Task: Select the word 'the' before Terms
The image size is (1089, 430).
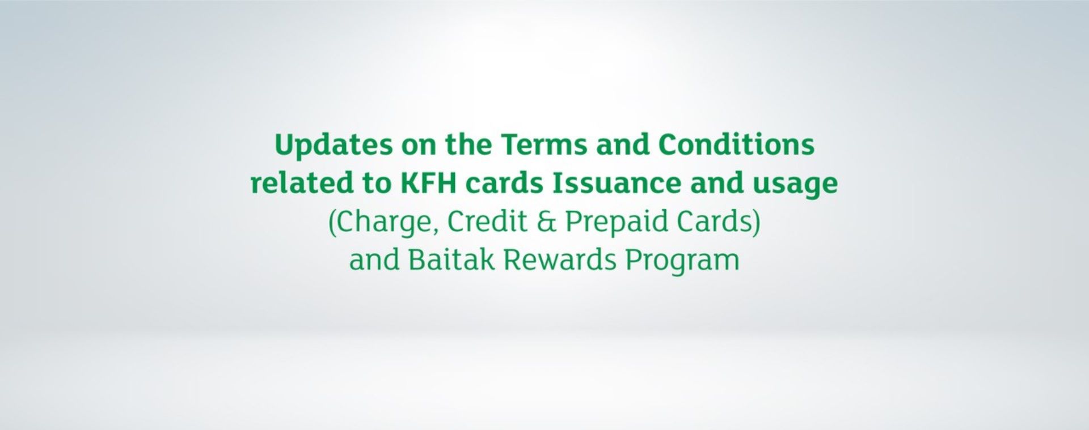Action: click(x=468, y=145)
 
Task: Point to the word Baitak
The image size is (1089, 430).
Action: click(x=451, y=260)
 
